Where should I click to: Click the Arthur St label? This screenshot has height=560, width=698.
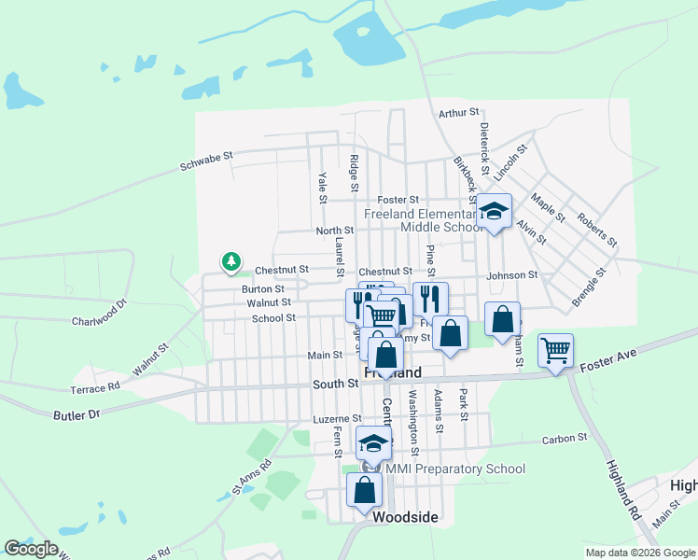(x=458, y=113)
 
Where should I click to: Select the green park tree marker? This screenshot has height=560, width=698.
(x=230, y=263)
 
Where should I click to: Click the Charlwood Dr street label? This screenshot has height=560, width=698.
(x=99, y=315)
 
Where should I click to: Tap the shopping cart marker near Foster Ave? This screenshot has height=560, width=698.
(x=555, y=351)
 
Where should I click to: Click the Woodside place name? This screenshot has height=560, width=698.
(x=405, y=515)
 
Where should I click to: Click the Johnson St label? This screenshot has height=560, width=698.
(x=512, y=275)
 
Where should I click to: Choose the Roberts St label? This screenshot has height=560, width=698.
(x=598, y=230)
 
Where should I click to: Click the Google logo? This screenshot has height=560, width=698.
(x=31, y=548)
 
